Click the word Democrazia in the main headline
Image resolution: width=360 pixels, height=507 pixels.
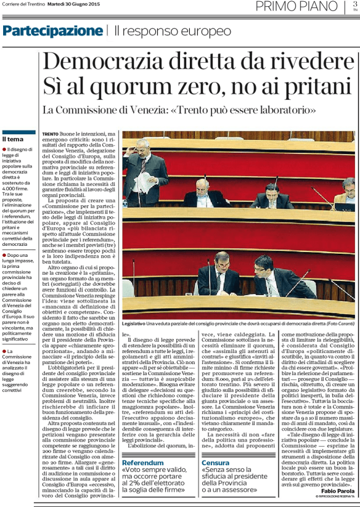click(99, 62)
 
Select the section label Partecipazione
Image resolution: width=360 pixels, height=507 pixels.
click(52, 31)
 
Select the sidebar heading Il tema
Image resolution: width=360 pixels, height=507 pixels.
click(14, 140)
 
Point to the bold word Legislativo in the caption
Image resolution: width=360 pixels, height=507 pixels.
click(134, 324)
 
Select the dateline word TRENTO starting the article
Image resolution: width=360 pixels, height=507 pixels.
click(51, 134)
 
